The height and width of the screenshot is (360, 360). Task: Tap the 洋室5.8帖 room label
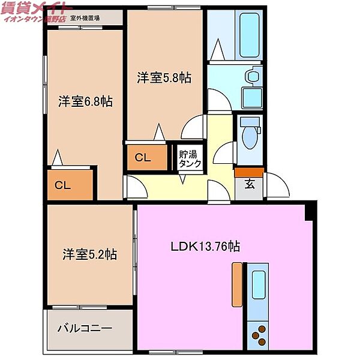coord(164,77)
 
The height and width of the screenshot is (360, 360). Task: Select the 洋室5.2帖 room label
coord(89,255)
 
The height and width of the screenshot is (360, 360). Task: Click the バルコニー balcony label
coord(85,328)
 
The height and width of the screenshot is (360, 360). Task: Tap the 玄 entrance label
coord(249,185)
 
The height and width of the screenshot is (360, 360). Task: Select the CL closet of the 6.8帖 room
coord(63,185)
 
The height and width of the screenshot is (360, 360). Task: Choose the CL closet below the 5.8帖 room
coord(142,158)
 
